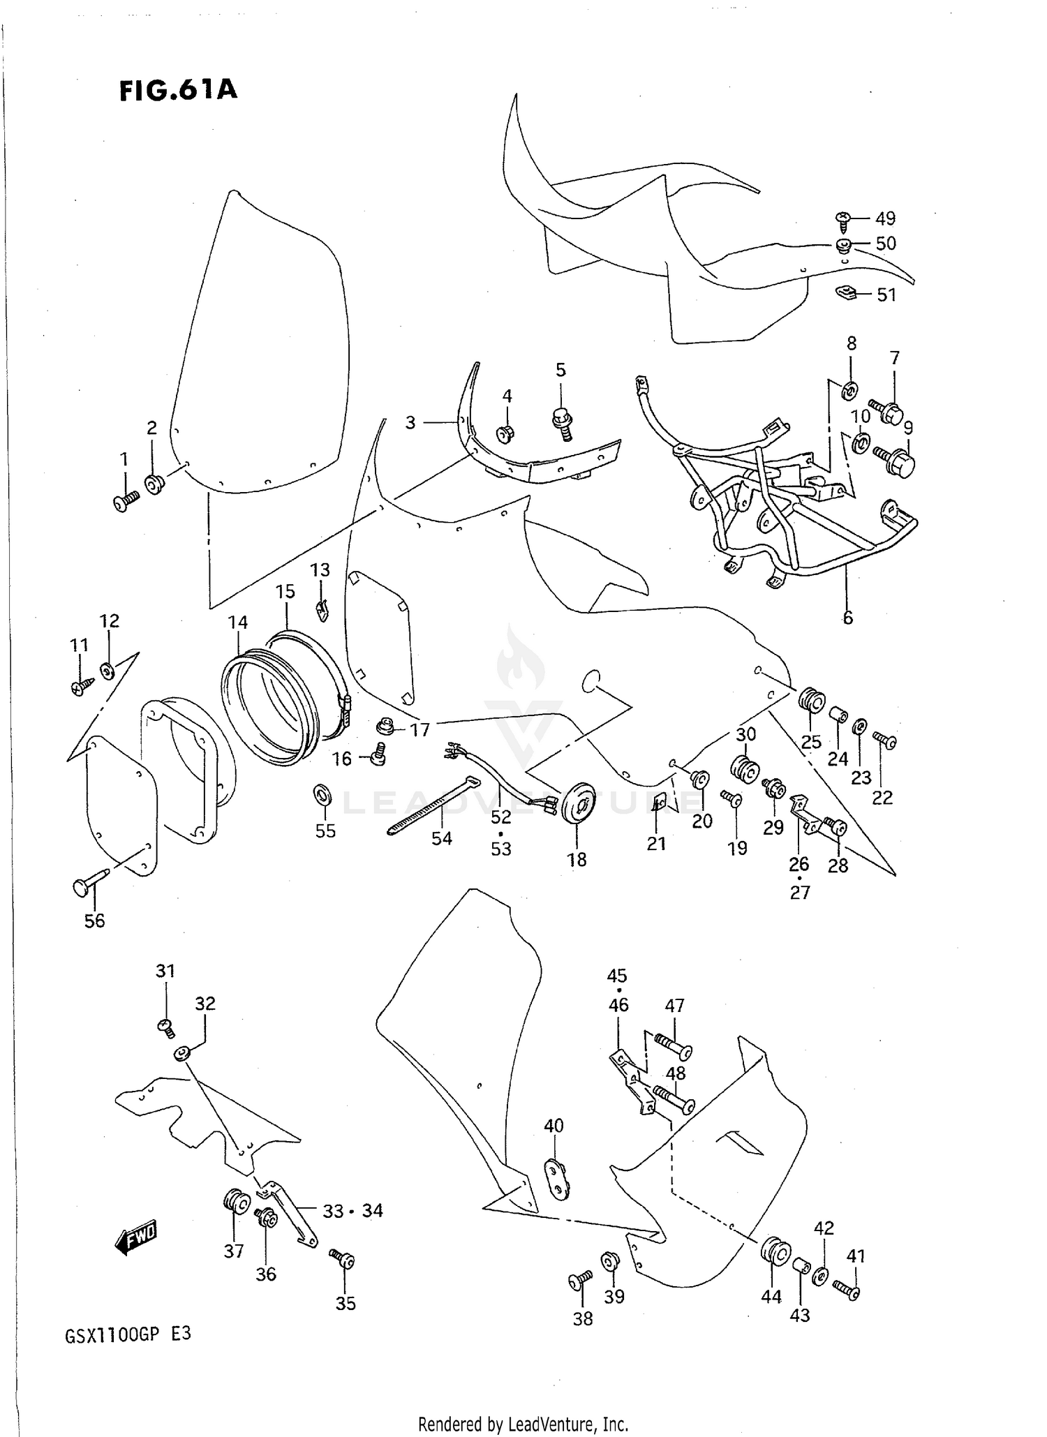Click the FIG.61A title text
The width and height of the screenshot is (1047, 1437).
(x=178, y=90)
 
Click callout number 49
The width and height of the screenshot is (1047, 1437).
(x=885, y=218)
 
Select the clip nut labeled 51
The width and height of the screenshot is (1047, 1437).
(x=846, y=292)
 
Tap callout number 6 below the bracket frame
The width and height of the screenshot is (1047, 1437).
(x=847, y=617)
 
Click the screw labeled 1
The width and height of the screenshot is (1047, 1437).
(x=126, y=501)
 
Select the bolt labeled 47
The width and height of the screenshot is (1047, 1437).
(x=672, y=1047)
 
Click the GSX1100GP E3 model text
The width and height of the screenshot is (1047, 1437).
(x=128, y=1334)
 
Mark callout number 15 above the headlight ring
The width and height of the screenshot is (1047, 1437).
(x=285, y=591)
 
